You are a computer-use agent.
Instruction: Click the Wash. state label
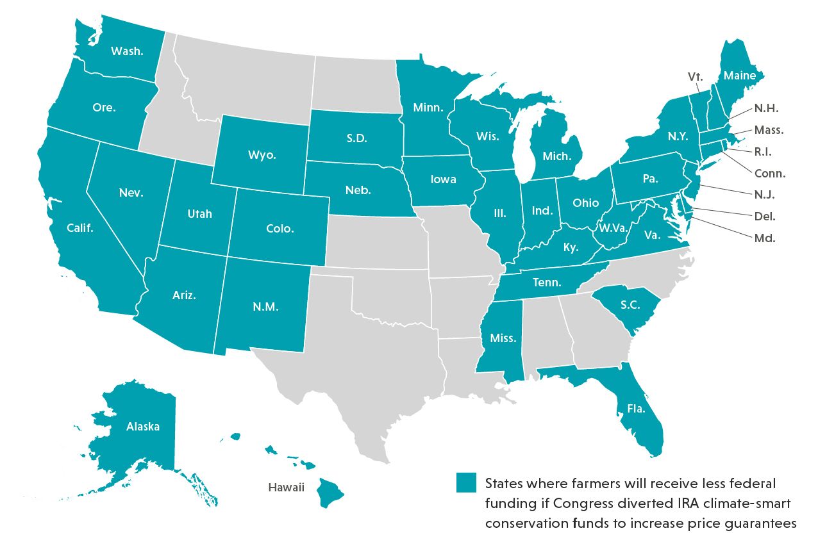(x=127, y=51)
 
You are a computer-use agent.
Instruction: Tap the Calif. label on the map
(x=80, y=227)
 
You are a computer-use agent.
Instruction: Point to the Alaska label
(x=142, y=426)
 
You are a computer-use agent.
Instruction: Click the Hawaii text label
(x=286, y=487)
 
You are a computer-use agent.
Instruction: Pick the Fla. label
(x=636, y=407)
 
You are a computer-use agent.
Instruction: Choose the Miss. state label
(x=503, y=338)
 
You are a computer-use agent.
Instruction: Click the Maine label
(x=739, y=76)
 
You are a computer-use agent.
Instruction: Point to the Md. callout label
(x=765, y=238)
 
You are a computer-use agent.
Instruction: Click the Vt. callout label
(x=696, y=76)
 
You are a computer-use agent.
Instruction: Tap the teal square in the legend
(x=466, y=482)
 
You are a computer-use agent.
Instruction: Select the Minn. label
(x=428, y=108)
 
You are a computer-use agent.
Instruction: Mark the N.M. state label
(x=265, y=306)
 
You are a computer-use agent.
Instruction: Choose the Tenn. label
(x=546, y=283)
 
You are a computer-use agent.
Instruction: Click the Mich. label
(x=556, y=156)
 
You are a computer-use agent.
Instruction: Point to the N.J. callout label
(x=765, y=195)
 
